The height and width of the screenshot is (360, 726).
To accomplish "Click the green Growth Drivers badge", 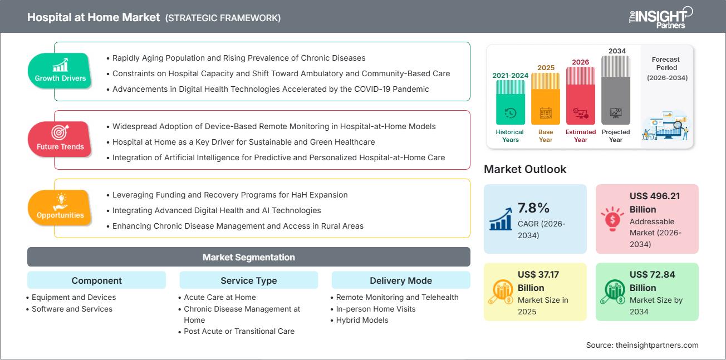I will (60, 71).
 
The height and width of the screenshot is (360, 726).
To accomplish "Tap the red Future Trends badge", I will (60, 139).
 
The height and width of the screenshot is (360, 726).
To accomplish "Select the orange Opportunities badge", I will (60, 208).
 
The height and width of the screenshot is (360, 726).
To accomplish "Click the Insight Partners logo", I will (660, 17).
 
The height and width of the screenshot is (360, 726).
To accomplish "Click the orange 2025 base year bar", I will (546, 98).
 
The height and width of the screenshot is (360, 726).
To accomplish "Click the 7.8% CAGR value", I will (534, 208).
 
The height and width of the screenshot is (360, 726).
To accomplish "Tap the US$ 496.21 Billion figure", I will (655, 203).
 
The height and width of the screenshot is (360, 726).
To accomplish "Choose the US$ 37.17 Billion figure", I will (542, 281).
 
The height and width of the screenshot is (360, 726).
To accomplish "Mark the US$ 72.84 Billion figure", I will (654, 281).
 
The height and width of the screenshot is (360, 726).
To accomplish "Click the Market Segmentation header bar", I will (248, 257).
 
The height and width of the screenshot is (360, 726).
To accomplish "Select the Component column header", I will (96, 280).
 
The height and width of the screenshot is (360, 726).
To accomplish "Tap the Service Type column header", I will (248, 280).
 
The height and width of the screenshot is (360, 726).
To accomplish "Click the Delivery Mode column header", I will (400, 280).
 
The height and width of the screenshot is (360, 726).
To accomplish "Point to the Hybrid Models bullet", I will (362, 320).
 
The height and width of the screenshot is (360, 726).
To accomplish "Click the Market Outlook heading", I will (525, 169).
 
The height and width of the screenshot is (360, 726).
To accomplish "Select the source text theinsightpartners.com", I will (642, 345).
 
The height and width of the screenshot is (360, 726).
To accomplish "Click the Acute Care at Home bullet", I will (220, 297).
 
